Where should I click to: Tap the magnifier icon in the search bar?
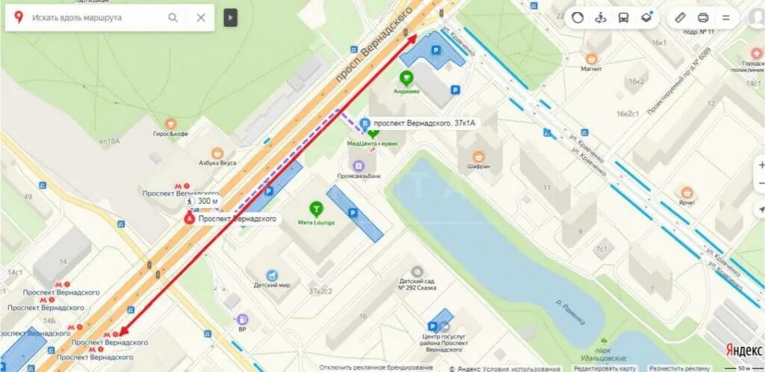tap(173, 18)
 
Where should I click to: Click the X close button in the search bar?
tap(200, 18)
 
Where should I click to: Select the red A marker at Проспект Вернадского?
tap(190, 219)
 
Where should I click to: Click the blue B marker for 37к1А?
tap(365, 123)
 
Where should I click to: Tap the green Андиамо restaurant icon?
tap(406, 77)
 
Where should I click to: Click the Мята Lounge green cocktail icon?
tap(317, 208)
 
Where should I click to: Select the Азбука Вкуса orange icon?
tap(217, 152)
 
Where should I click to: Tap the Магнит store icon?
tap(592, 58)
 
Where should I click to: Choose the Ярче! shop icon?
tap(687, 193)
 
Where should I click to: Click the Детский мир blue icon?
tap(272, 274)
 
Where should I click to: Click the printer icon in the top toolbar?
tap(702, 17)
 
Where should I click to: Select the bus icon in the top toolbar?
tap(624, 17)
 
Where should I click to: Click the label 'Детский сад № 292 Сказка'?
tap(417, 286)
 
